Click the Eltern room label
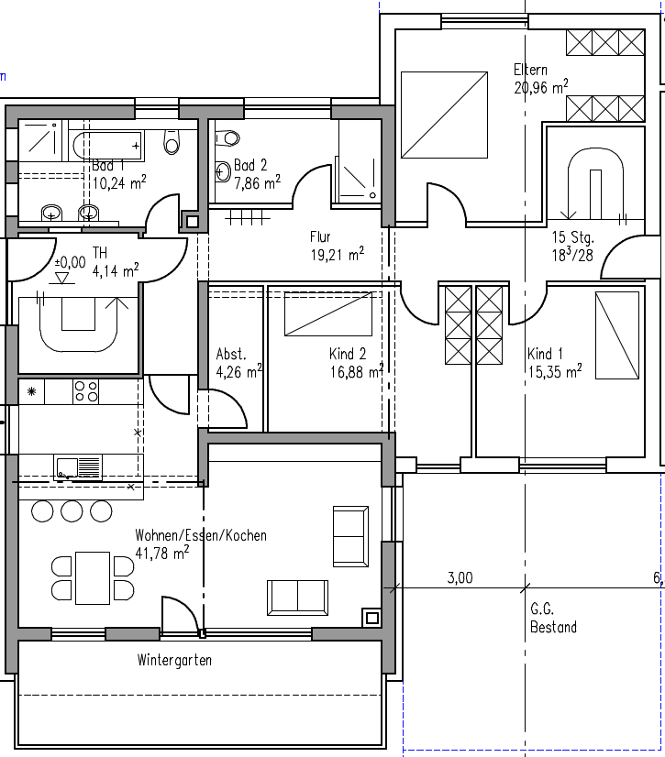(x=530, y=70)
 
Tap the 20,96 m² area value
(x=540, y=87)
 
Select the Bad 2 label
(x=250, y=166)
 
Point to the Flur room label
(x=320, y=237)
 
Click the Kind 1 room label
(x=546, y=355)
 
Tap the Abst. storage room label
(x=231, y=355)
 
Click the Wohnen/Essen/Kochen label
(x=201, y=535)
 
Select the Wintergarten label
(x=174, y=660)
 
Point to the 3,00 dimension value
(x=460, y=577)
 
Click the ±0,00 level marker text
(x=70, y=262)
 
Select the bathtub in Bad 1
(x=106, y=145)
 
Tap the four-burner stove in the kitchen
(x=86, y=391)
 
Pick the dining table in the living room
(x=92, y=577)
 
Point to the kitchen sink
(x=78, y=467)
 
